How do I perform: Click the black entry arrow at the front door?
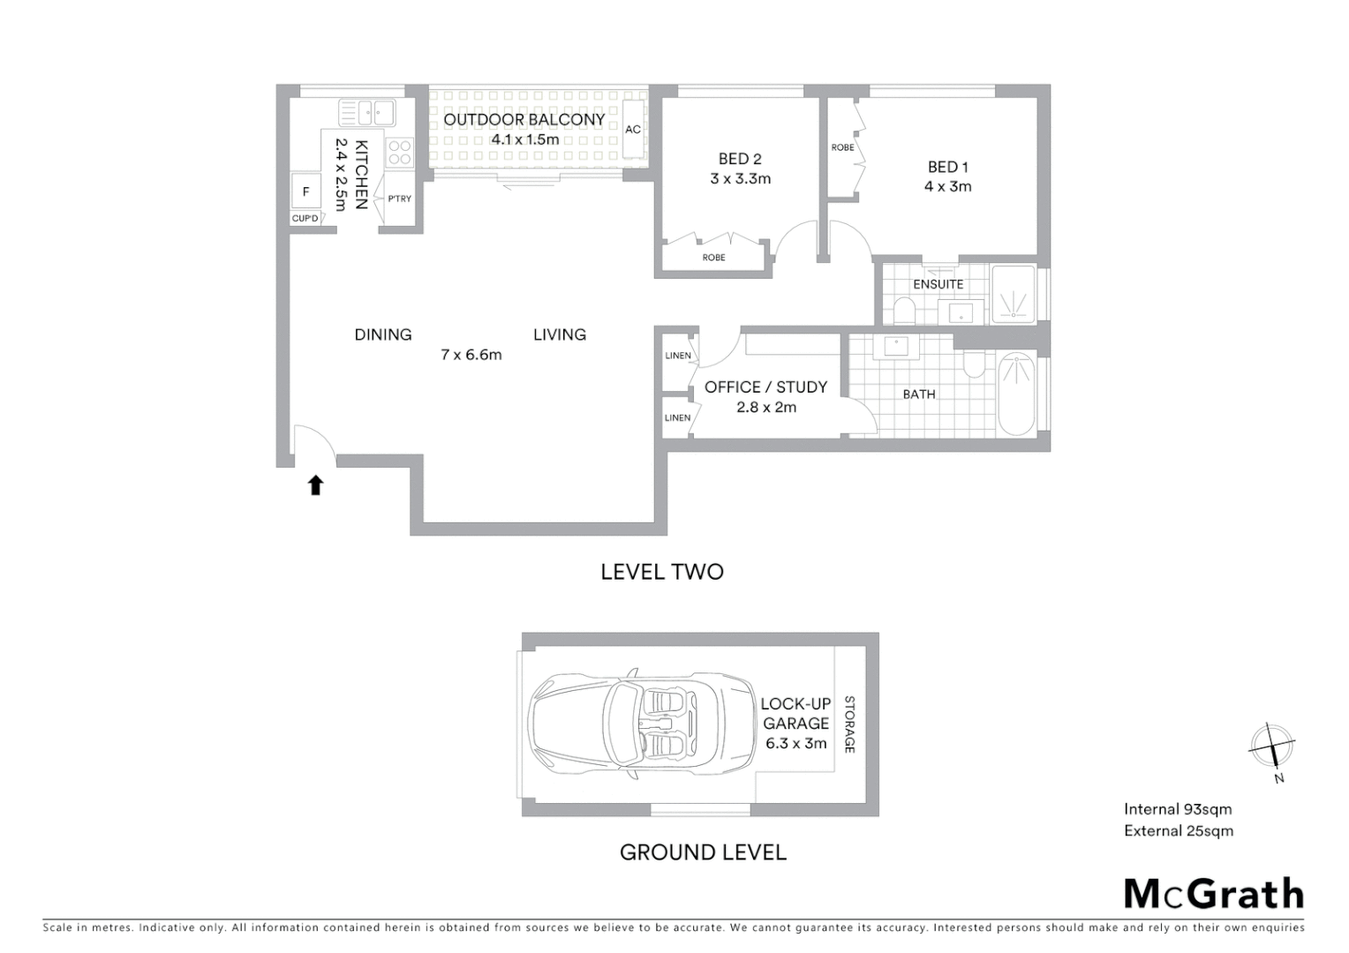point(315,485)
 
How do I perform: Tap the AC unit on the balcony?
point(633,129)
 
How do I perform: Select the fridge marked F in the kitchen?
point(306,191)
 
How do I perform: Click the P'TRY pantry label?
point(400,199)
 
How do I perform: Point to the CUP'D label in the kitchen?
point(305,218)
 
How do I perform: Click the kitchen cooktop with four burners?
point(399,153)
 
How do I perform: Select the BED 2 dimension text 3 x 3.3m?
point(740,178)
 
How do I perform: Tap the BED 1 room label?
point(947,167)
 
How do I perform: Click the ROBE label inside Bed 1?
point(842,147)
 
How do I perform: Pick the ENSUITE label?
point(938,284)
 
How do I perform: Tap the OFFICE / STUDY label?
point(765,387)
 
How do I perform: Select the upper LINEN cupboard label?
point(678,356)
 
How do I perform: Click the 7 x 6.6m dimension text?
point(471,355)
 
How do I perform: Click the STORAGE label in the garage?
point(849,724)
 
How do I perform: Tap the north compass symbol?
point(1272,747)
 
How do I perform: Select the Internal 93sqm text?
point(1178,809)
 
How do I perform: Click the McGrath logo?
point(1213,894)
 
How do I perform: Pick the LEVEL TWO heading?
point(662,572)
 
